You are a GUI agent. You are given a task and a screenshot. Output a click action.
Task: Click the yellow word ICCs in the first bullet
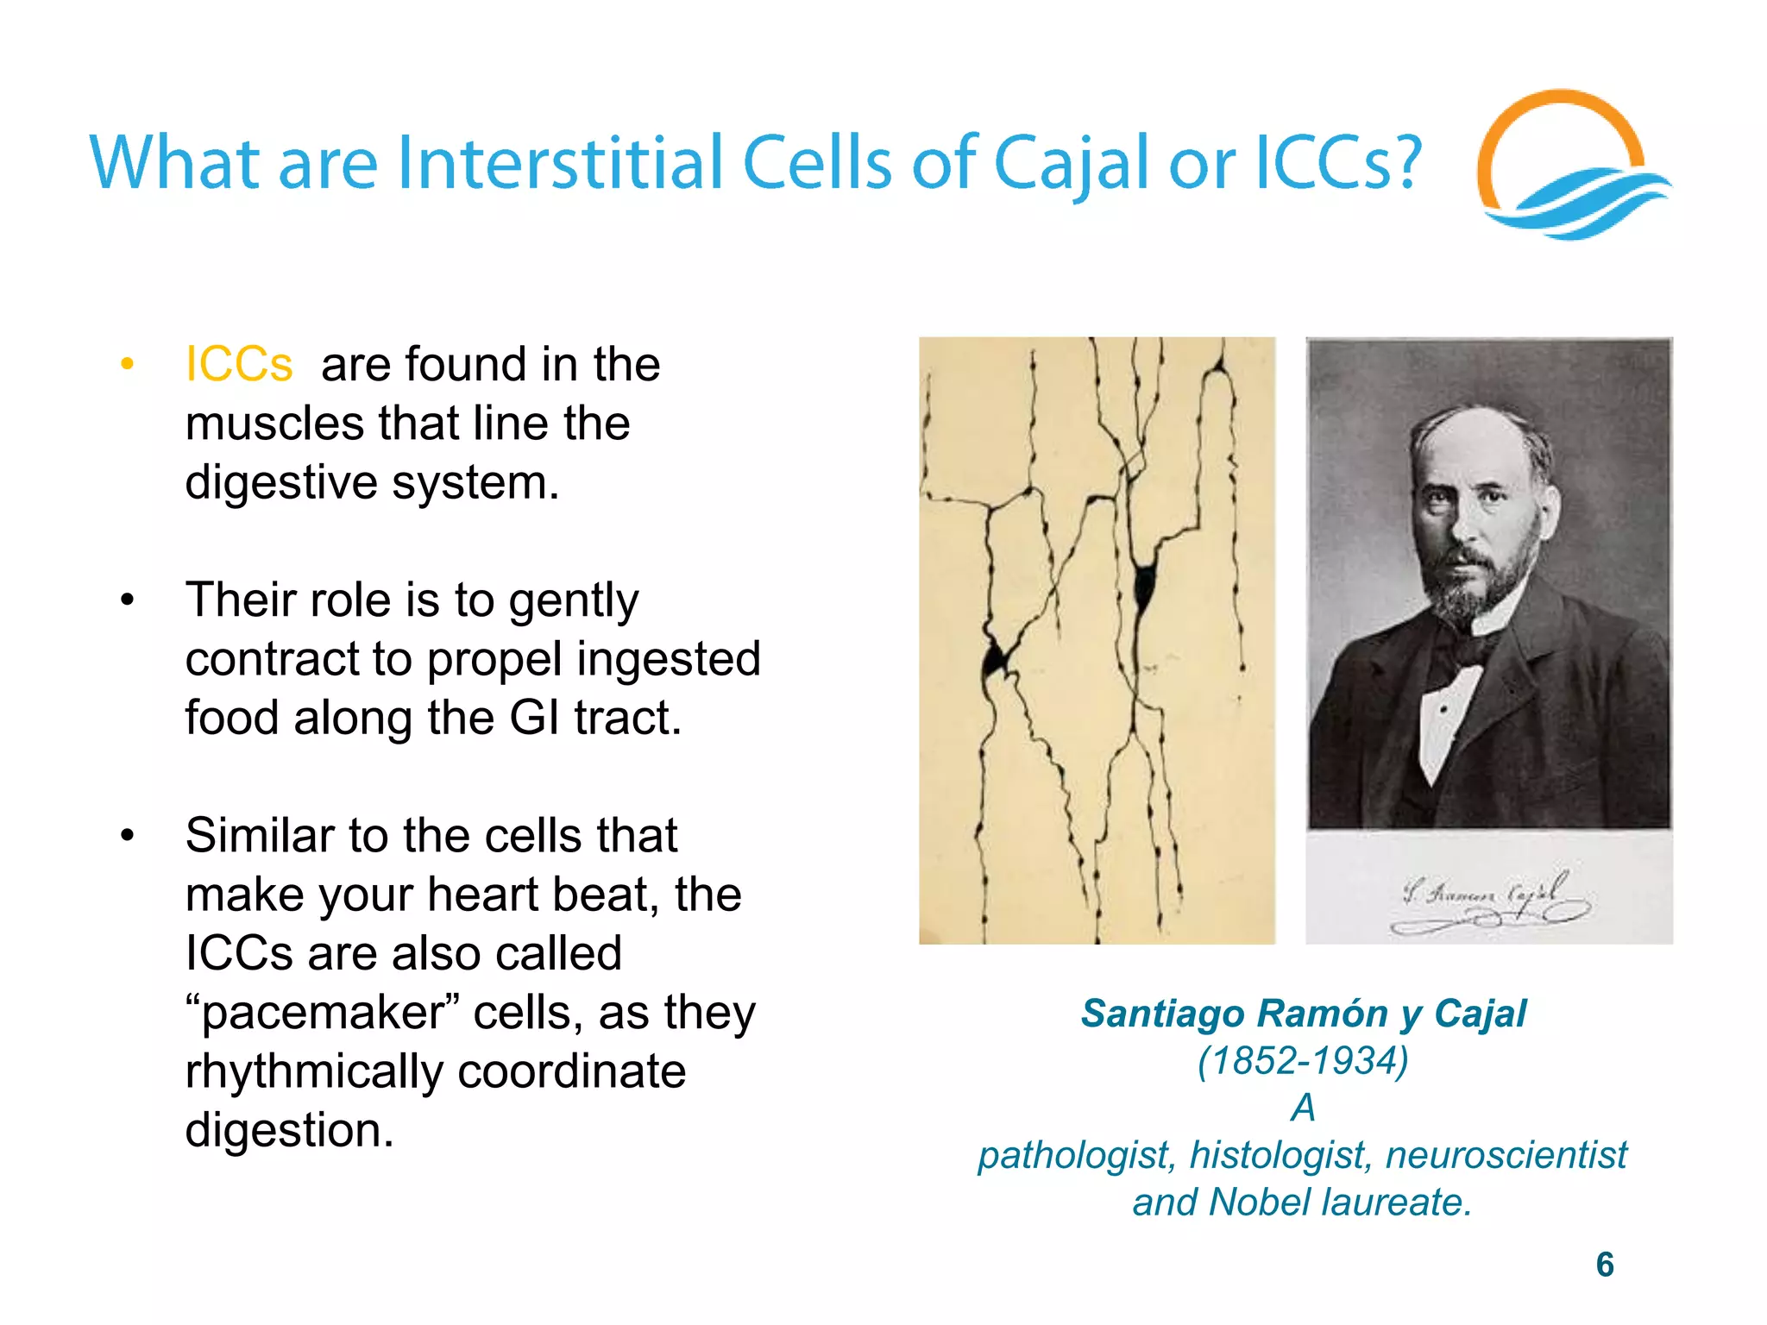(x=239, y=364)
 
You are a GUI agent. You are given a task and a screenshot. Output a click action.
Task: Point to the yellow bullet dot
(x=128, y=364)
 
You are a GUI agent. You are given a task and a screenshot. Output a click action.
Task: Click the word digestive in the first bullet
(x=281, y=482)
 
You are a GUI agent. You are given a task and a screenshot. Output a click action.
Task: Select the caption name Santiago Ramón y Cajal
(x=1303, y=1014)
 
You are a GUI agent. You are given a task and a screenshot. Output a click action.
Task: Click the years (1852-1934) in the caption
(x=1303, y=1060)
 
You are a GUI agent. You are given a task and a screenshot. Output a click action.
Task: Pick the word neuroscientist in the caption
(x=1506, y=1155)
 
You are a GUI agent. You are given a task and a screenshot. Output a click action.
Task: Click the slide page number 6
(x=1605, y=1265)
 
